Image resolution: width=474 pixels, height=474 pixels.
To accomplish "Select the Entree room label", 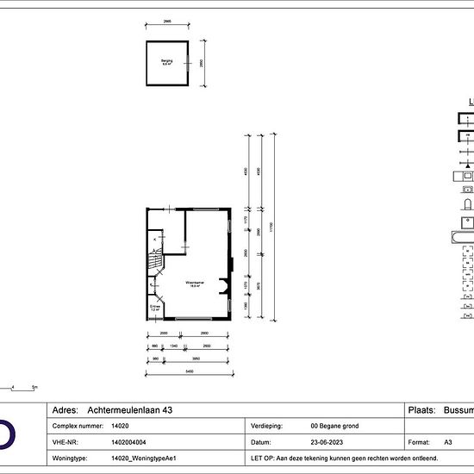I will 155,308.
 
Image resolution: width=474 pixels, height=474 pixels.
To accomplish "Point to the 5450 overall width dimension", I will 189,371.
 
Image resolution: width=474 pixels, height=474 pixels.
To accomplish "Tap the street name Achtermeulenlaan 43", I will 125,410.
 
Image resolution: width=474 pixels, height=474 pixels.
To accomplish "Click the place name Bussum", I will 457,410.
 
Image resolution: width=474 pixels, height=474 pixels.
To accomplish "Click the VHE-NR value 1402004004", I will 129,440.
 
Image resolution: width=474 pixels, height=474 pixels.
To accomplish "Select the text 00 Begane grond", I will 334,426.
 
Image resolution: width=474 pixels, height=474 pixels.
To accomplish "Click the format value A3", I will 448,440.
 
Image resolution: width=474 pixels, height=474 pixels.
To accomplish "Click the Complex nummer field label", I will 77,426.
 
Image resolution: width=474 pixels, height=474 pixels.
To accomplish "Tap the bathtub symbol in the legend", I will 462,234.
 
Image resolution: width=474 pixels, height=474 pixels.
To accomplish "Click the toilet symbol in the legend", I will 466,206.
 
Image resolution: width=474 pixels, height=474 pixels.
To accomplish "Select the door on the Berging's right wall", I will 187,63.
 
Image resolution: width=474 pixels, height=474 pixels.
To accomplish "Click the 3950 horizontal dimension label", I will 196,359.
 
